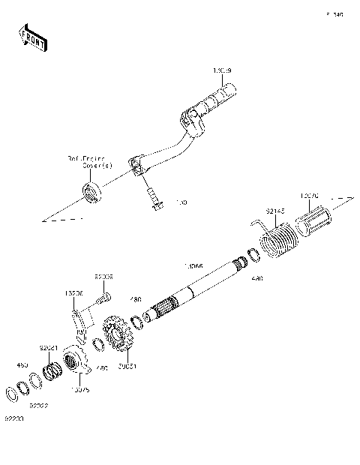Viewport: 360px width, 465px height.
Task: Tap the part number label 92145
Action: coord(275,211)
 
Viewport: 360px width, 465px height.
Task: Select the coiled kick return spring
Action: coord(278,242)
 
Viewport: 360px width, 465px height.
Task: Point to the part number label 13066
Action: coord(193,265)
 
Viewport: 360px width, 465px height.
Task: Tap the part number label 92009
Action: coord(103,277)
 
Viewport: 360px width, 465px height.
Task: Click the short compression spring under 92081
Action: coord(52,370)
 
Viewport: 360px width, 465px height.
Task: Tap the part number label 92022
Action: coord(39,405)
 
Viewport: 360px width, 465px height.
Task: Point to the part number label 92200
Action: coord(13,418)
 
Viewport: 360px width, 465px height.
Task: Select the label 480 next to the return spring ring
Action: coord(257,278)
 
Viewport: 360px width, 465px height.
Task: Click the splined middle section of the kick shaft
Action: coord(160,310)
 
